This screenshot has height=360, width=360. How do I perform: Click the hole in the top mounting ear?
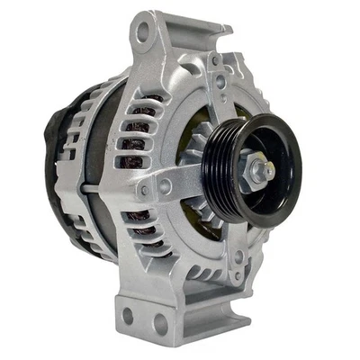[141, 32]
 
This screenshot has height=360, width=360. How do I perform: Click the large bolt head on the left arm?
[165, 187]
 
